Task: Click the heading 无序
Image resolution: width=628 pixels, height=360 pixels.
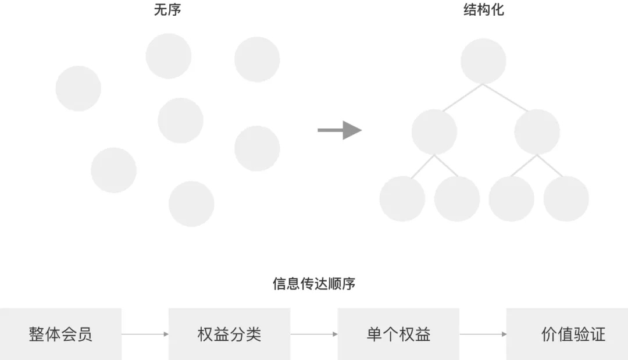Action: pyautogui.click(x=167, y=10)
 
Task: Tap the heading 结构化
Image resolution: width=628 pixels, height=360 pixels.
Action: pyautogui.click(x=483, y=10)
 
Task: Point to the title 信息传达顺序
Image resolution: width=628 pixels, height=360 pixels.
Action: pyautogui.click(x=313, y=284)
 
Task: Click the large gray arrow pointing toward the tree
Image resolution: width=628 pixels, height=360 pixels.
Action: pyautogui.click(x=340, y=130)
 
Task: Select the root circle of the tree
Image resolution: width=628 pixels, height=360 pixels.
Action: pyautogui.click(x=483, y=61)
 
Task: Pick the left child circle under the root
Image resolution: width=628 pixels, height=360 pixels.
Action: pyautogui.click(x=434, y=131)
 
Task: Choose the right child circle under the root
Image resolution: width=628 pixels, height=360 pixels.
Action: pyautogui.click(x=537, y=131)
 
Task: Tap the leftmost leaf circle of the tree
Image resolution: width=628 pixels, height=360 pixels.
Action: pyautogui.click(x=402, y=198)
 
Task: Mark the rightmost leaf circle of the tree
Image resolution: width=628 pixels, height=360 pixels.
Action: pyautogui.click(x=566, y=198)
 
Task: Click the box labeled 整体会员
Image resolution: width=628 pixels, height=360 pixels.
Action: pyautogui.click(x=60, y=334)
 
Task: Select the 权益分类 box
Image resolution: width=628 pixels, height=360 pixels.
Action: pyautogui.click(x=229, y=334)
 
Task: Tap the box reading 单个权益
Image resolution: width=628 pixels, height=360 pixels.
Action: pyautogui.click(x=398, y=334)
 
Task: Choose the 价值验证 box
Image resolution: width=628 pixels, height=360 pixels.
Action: pyautogui.click(x=567, y=334)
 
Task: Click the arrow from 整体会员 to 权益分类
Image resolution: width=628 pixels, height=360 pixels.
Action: pyautogui.click(x=145, y=334)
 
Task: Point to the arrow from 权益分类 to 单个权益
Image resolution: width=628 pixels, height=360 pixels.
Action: pyautogui.click(x=314, y=334)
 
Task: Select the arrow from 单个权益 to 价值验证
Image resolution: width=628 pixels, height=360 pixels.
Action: pyautogui.click(x=483, y=334)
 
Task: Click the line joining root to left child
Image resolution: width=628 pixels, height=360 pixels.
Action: pyautogui.click(x=463, y=97)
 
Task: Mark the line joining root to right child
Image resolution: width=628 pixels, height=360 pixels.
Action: pyautogui.click(x=505, y=97)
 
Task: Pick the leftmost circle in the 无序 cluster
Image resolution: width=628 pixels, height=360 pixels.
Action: pyautogui.click(x=78, y=88)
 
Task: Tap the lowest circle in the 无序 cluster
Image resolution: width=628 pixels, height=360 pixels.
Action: pyautogui.click(x=191, y=204)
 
